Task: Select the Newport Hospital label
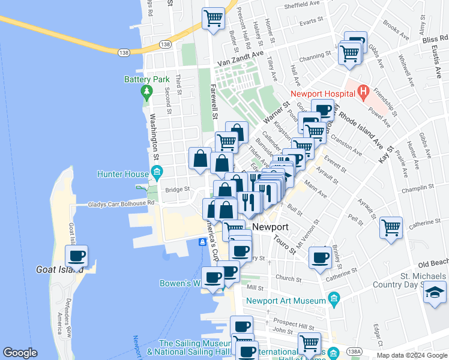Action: tap(322, 93)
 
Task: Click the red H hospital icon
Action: tap(363, 92)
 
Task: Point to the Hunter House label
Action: tap(122, 175)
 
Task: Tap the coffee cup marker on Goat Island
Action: tap(76, 257)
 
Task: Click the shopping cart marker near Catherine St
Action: tap(391, 228)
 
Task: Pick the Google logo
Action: tap(20, 353)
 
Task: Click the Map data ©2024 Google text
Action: tap(411, 355)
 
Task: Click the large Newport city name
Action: tap(270, 227)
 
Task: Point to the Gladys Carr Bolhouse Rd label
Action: tap(121, 203)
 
